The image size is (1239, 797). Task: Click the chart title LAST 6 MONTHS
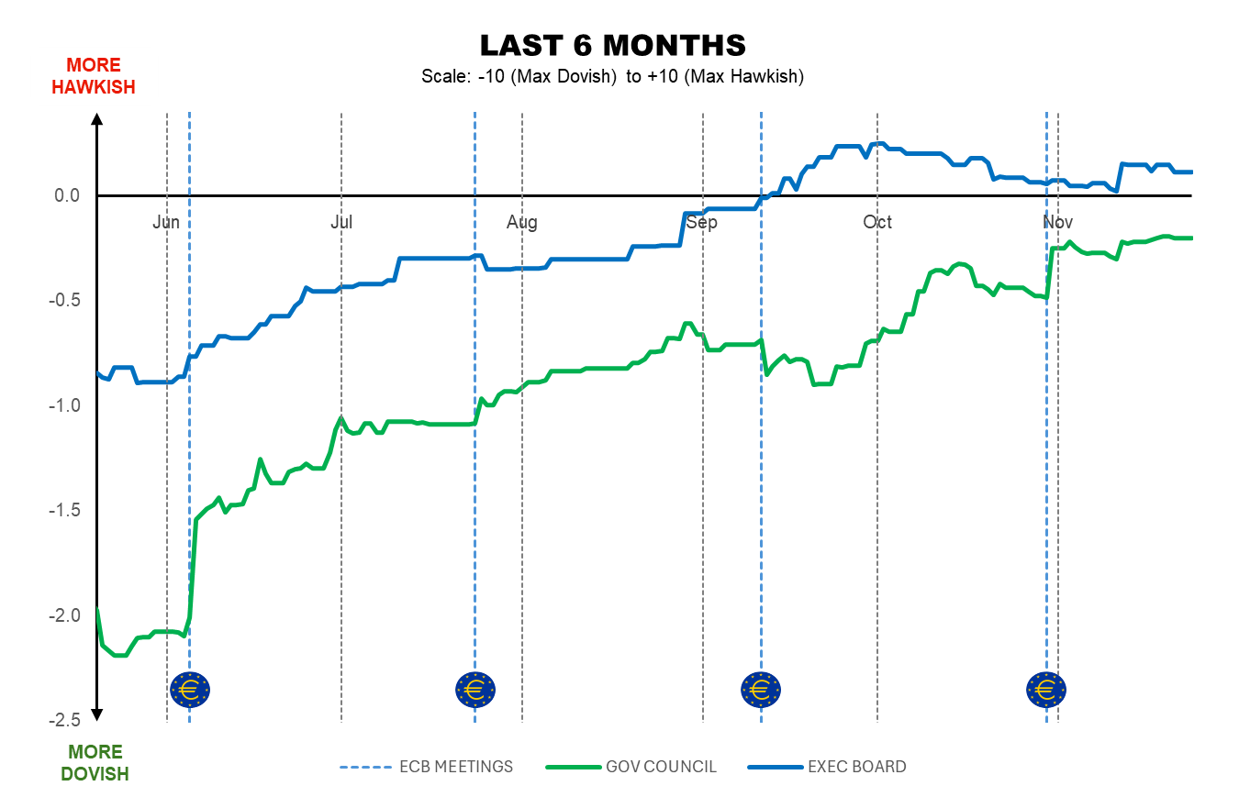point(612,46)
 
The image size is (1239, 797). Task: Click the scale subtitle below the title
point(612,77)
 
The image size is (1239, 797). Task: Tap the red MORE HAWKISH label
point(94,76)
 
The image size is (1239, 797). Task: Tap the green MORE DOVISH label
point(95,763)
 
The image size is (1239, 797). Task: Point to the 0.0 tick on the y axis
point(67,195)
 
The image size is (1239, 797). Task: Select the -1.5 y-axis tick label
point(64,510)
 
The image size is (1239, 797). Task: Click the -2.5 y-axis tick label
point(64,720)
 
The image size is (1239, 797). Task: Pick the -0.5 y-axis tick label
point(64,301)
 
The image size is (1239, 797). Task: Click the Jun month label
point(166,223)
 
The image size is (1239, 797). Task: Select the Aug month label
point(521,223)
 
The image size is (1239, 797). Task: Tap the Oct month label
point(877,223)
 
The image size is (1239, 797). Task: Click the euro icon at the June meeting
point(190,688)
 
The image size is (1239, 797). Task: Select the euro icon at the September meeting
point(761,688)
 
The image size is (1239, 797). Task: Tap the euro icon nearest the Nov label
point(1046,688)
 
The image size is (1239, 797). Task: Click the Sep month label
point(702,223)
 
